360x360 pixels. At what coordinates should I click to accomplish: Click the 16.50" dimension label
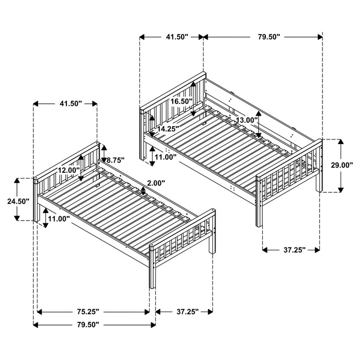pyautogui.click(x=181, y=101)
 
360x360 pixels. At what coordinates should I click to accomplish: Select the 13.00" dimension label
pyautogui.click(x=247, y=120)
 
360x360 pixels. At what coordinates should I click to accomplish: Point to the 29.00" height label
pyautogui.click(x=341, y=165)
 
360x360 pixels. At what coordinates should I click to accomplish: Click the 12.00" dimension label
pyautogui.click(x=68, y=170)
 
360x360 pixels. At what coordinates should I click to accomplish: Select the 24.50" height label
pyautogui.click(x=18, y=201)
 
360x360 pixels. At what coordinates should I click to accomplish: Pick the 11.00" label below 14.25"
pyautogui.click(x=166, y=156)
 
